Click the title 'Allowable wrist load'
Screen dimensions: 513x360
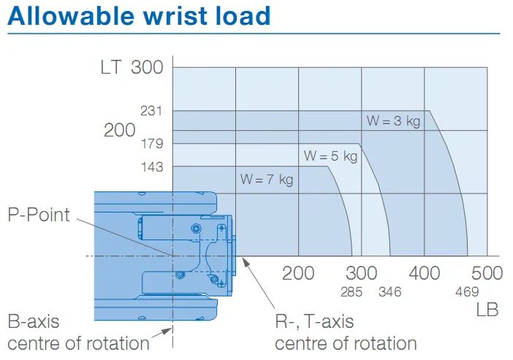click(139, 15)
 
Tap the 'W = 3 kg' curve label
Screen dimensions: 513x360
click(393, 121)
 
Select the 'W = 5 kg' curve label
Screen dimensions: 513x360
click(330, 156)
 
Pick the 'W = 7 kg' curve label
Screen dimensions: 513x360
click(267, 180)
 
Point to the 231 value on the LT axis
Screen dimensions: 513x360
click(151, 111)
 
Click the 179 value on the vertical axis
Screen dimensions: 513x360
click(152, 144)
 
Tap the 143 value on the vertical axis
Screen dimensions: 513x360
click(152, 167)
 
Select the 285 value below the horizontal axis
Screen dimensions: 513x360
click(351, 292)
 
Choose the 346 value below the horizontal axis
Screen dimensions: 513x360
click(389, 292)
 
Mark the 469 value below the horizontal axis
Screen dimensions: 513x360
click(467, 291)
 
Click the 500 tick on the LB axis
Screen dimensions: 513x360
click(487, 273)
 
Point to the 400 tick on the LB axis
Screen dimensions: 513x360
click(425, 273)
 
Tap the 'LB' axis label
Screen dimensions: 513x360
click(487, 310)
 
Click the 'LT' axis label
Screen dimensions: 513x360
click(111, 68)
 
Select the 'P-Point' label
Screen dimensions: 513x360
click(39, 215)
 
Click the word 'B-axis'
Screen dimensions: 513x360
click(34, 321)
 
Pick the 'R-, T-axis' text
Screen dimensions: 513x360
click(314, 321)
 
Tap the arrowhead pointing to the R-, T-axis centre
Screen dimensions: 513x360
click(245, 261)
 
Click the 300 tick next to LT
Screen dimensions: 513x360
click(147, 68)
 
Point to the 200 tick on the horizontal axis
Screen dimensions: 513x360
click(298, 273)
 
